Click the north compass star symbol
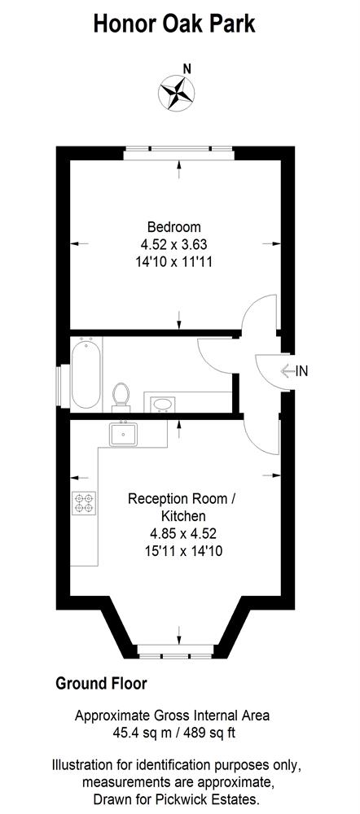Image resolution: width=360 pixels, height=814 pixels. click(x=177, y=94)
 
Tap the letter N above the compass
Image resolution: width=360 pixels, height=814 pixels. click(x=187, y=68)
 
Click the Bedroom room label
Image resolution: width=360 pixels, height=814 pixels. click(x=174, y=227)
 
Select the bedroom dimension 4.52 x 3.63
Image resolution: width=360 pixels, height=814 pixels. click(x=174, y=244)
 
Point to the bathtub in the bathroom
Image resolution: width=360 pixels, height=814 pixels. click(x=86, y=373)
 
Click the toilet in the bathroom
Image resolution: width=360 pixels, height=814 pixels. click(x=121, y=397)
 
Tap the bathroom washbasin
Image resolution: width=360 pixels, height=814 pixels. click(x=163, y=404)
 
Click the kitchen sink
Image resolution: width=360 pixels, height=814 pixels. click(x=124, y=433)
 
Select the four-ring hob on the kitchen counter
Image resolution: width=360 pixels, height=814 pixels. click(x=84, y=502)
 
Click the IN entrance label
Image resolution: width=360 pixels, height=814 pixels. click(x=302, y=370)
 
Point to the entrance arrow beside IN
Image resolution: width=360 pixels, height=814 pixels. click(x=288, y=370)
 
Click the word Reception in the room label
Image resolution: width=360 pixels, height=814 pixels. click(x=155, y=500)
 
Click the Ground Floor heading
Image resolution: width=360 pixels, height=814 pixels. click(x=101, y=684)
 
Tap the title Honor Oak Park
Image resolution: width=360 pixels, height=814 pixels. click(x=174, y=24)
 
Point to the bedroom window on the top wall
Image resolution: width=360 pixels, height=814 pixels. click(x=178, y=153)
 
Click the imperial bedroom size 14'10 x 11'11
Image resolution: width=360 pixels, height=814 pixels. click(x=174, y=261)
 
